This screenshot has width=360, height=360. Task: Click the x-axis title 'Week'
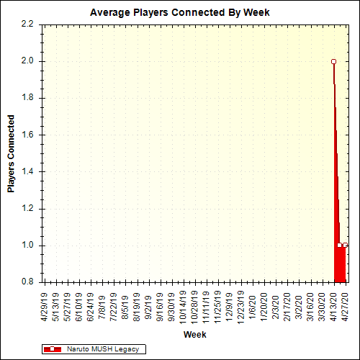pos(194,335)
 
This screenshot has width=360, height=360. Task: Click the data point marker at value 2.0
pos(333,61)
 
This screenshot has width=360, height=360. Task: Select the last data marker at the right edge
pos(345,246)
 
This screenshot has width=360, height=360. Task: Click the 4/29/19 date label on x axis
pos(44,306)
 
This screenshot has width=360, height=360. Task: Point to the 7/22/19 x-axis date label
pos(114,306)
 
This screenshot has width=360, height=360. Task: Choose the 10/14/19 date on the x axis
pos(183,306)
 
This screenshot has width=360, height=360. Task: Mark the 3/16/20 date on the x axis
pos(310,306)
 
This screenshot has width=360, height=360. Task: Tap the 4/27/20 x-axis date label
pos(345,306)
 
